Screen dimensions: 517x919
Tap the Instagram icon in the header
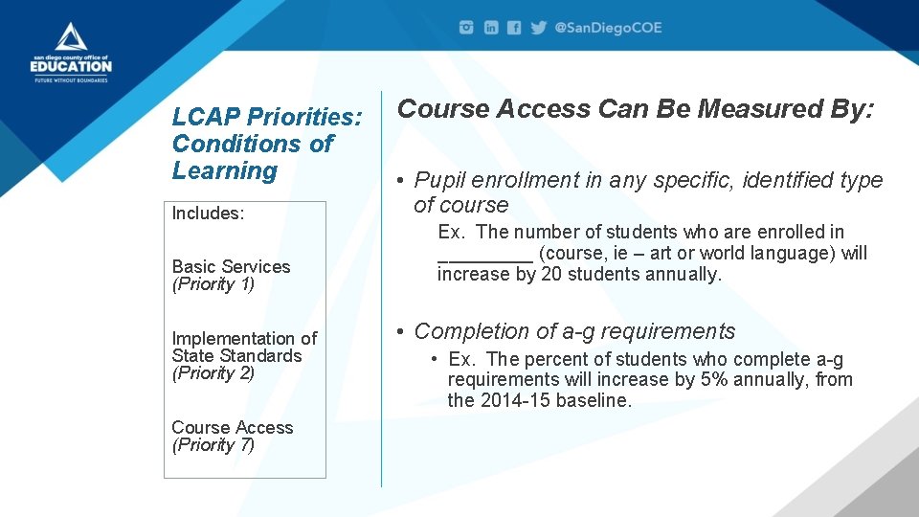click(x=466, y=28)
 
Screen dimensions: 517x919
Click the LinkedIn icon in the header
click(x=491, y=28)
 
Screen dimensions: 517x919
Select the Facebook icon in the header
click(x=514, y=28)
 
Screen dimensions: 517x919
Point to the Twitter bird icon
click(x=539, y=28)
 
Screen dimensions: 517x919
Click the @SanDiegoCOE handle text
click(x=609, y=28)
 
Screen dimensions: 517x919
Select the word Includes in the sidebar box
click(x=208, y=214)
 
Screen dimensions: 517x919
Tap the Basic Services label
click(x=231, y=266)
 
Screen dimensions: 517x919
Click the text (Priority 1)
click(x=213, y=284)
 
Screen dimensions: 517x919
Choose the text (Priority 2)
click(x=213, y=373)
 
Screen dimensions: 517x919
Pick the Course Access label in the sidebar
click(x=232, y=427)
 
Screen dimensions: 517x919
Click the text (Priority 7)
click(x=213, y=445)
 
